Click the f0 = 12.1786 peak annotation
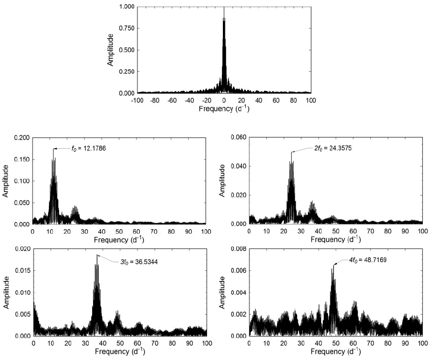(x=87, y=148)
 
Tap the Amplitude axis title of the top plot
(x=110, y=50)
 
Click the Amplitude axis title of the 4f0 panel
(x=222, y=292)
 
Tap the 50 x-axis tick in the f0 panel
(x=119, y=232)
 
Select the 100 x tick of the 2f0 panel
(x=422, y=232)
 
